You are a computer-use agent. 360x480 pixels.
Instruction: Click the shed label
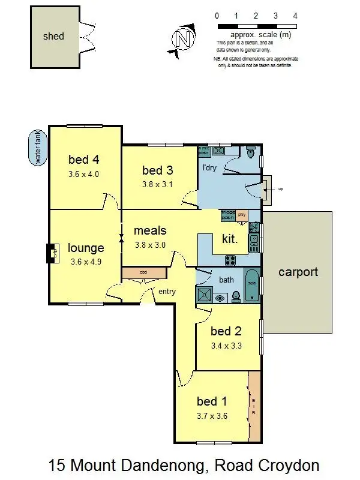tap(53, 36)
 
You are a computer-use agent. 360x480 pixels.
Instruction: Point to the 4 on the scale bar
tap(295, 15)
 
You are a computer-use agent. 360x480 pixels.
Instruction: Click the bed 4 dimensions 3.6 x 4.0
tap(83, 175)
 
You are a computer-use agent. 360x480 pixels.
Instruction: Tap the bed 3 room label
tap(157, 170)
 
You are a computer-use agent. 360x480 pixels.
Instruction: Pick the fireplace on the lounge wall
tap(53, 253)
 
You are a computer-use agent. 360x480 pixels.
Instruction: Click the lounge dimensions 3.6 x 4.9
tap(86, 262)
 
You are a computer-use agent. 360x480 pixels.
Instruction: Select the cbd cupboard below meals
tap(143, 272)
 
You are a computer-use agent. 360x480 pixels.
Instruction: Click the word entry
tap(167, 292)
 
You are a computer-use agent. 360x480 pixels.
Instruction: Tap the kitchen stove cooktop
tap(230, 260)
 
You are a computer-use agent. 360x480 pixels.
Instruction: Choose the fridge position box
tap(228, 214)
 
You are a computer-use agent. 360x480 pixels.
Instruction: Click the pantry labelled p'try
tap(242, 214)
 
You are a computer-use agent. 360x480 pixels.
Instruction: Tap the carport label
tap(298, 272)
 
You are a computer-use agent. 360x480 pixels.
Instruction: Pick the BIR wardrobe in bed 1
tap(254, 405)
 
